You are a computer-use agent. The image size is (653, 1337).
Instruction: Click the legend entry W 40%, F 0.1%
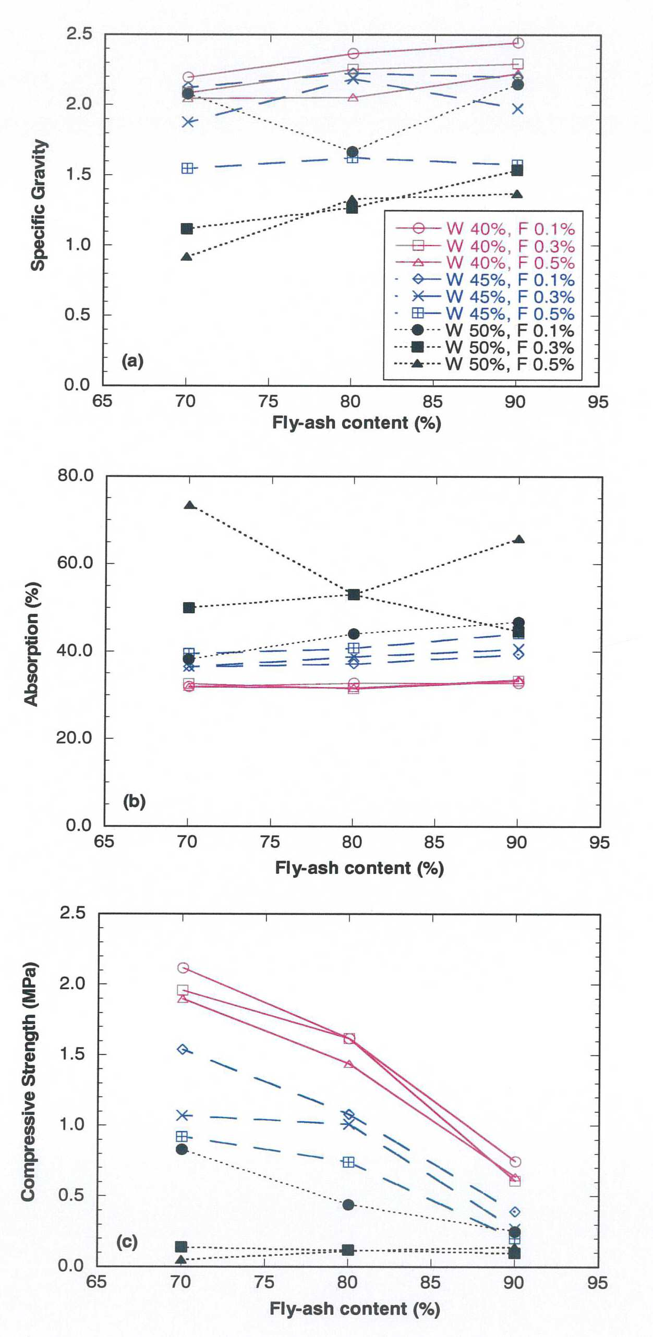coord(485,229)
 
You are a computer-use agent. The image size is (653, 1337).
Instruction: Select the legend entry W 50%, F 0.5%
coord(485,364)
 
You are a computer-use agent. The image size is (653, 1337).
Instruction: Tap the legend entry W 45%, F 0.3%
coord(485,297)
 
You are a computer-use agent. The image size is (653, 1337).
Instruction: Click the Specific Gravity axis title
coord(39,205)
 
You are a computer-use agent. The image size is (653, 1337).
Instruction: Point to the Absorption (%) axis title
coord(31,644)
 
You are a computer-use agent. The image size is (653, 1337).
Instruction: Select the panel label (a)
coord(132,360)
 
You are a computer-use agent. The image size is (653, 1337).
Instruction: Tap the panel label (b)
coord(134,801)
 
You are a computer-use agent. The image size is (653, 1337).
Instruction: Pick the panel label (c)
coord(127,1242)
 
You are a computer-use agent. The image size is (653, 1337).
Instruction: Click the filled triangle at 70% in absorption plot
coord(190,505)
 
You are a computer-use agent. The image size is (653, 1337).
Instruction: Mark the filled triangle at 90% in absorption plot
coord(519,539)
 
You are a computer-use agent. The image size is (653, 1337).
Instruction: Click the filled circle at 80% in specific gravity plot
coord(353,152)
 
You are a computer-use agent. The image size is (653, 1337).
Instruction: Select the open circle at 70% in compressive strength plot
coord(183,968)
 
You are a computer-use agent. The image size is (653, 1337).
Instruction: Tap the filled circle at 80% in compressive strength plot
coord(348,1205)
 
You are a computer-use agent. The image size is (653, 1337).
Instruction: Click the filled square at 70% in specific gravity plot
coord(187,228)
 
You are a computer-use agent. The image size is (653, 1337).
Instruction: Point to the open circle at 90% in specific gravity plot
coord(518,43)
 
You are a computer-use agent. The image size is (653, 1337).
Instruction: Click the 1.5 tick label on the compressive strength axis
coord(72,1054)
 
